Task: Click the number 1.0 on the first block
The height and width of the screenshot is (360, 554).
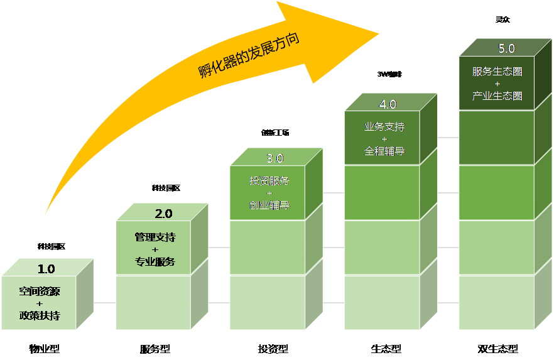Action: pos(46,269)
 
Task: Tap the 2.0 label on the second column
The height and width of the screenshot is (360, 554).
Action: pos(163,214)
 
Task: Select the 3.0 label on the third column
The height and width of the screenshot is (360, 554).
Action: pos(275,158)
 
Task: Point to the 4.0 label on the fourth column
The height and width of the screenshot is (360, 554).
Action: pos(388,104)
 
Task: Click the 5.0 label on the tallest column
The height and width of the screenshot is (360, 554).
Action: pos(506,48)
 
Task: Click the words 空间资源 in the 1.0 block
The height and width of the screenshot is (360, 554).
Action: pos(40,292)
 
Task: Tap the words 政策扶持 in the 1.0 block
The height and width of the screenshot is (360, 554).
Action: pos(40,315)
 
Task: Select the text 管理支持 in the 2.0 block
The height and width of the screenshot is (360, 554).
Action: pos(155,237)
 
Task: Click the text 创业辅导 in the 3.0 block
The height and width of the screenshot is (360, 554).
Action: pos(269,205)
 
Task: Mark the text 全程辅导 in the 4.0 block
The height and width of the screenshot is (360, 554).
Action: pos(384,151)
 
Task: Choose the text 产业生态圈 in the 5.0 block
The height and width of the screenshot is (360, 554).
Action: pos(497,95)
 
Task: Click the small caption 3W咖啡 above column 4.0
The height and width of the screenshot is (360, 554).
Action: pos(389,74)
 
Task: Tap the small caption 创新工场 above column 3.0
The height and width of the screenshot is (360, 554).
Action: pos(275,133)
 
